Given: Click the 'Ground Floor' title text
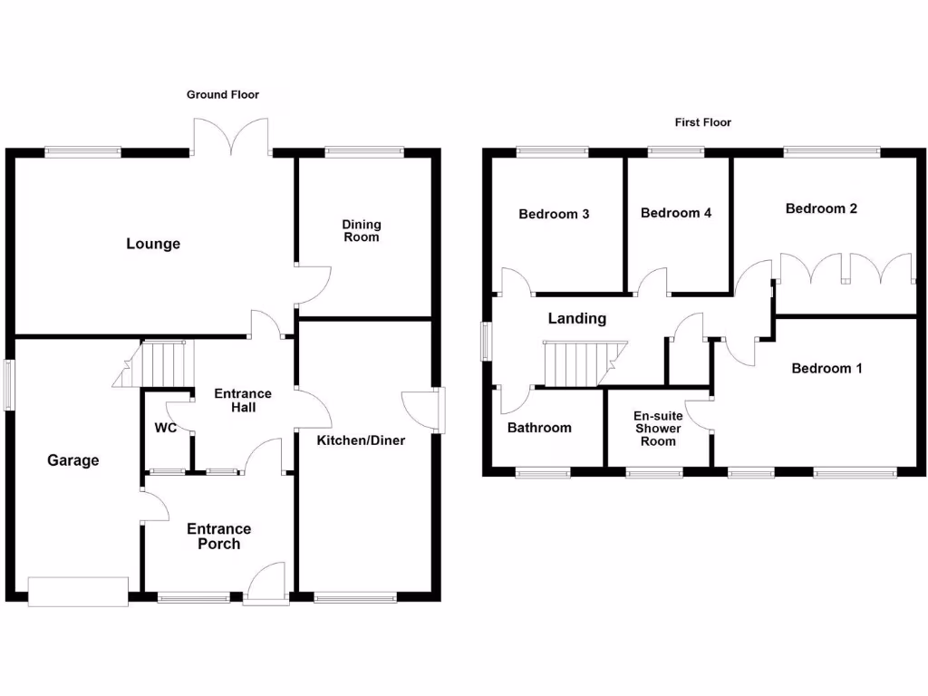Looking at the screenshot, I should click(x=223, y=94).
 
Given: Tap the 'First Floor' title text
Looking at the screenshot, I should click(x=702, y=122).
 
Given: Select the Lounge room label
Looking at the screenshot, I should click(x=153, y=244).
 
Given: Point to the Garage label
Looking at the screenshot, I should click(x=73, y=460).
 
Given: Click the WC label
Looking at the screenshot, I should click(x=166, y=427).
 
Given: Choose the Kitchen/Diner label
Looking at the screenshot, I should click(x=361, y=440).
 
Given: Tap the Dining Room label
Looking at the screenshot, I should click(x=362, y=230).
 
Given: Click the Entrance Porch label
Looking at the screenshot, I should click(x=219, y=536).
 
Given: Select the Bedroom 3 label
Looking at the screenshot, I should click(x=554, y=214).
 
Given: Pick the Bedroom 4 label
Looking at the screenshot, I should click(x=676, y=213).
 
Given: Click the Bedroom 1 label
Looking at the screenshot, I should click(x=826, y=368).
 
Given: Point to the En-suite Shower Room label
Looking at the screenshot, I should click(x=658, y=428).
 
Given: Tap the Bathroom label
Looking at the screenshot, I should click(x=539, y=428).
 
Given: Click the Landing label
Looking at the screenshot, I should click(x=577, y=318).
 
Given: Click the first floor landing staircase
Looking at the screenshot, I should click(x=580, y=362).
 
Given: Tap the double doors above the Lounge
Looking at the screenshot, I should click(x=231, y=138).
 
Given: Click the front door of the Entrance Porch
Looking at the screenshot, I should click(x=266, y=585).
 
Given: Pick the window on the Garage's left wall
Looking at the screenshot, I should click(x=9, y=386).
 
